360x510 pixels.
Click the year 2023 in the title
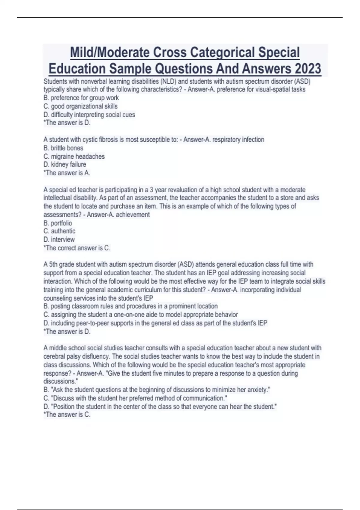point(308,69)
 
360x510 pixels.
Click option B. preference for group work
point(81,98)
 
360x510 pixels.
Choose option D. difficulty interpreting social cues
point(89,115)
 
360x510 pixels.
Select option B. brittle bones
point(63,148)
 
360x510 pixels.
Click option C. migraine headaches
point(74,156)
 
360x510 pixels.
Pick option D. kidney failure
point(65,164)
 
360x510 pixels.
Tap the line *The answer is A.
point(67,173)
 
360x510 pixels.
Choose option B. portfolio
point(58,223)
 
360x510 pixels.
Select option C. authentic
point(59,231)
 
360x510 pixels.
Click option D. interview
point(59,239)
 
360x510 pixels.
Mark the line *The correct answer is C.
point(77,248)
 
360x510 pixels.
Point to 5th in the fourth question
point(53,264)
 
